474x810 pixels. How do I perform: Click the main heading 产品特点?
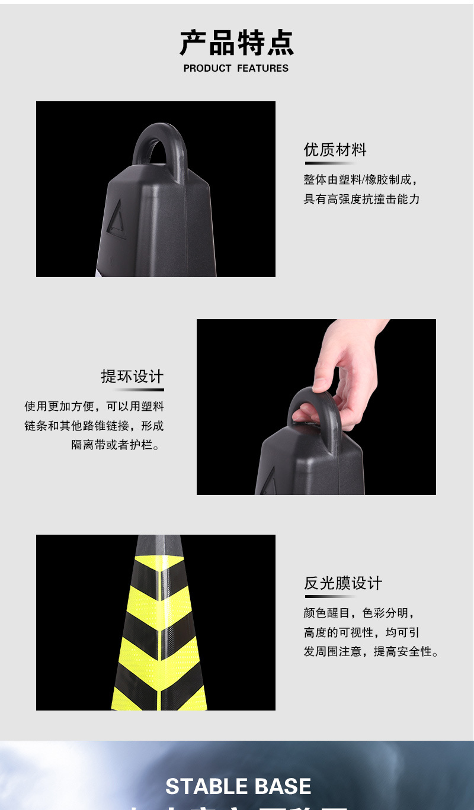(x=237, y=43)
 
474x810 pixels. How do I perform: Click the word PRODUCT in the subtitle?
(x=207, y=69)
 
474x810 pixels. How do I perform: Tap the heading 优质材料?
(x=335, y=150)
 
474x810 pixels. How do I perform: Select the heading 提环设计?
(x=132, y=377)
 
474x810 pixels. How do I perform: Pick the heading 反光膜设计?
(x=343, y=583)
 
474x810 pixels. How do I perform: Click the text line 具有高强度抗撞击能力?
(x=361, y=200)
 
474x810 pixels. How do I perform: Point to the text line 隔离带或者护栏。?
(x=117, y=445)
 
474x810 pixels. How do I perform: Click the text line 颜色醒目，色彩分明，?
(x=360, y=613)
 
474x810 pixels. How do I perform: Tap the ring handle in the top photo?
(x=159, y=142)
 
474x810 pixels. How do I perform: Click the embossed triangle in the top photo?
(x=117, y=221)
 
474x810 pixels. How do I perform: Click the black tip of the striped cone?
(x=159, y=545)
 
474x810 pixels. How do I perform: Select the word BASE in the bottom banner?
(x=283, y=786)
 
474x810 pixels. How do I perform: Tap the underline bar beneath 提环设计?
(x=139, y=390)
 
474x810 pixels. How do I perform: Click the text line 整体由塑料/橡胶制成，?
(x=361, y=180)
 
